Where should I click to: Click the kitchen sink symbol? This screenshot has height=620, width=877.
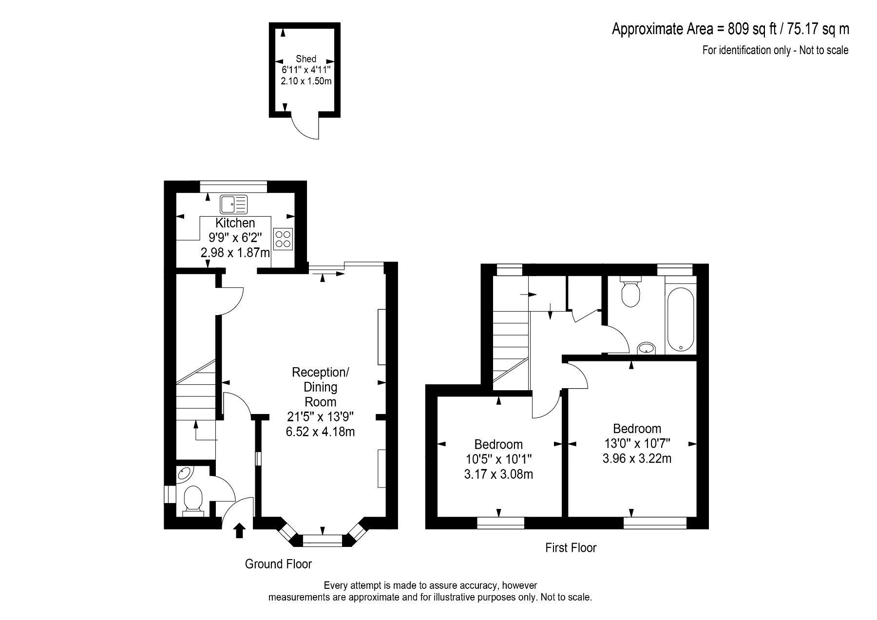tap(234, 205)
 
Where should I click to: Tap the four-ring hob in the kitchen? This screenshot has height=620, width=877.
tap(283, 239)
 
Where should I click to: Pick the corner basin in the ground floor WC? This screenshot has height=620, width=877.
tap(185, 474)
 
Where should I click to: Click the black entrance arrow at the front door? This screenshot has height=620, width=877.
tap(239, 531)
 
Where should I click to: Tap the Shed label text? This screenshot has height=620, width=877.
tap(306, 59)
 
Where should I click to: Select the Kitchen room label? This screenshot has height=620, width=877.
tap(235, 223)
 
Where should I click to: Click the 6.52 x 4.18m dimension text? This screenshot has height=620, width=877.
tap(320, 432)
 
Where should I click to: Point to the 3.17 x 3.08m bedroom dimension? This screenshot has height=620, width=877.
tap(498, 474)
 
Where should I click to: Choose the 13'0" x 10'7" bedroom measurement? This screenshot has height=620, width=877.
tap(637, 443)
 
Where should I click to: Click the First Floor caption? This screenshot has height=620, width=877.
tap(571, 548)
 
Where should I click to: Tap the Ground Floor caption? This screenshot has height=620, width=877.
tap(278, 564)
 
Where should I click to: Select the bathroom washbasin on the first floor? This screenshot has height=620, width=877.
tap(647, 348)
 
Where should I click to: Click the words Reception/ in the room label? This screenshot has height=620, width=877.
tap(320, 373)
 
